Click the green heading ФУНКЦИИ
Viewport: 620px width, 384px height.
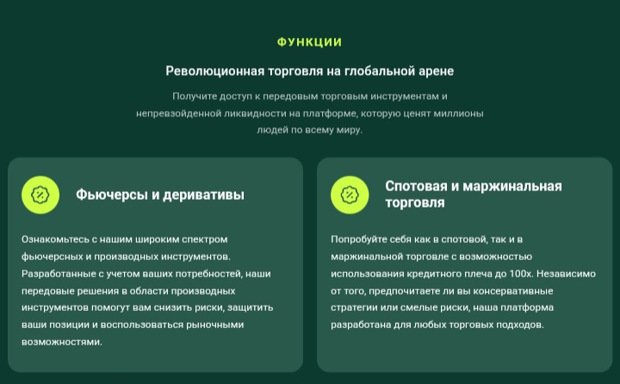tap(309, 42)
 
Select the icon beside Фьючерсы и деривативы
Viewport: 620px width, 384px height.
tap(40, 195)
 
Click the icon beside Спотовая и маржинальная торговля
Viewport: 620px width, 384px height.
tap(350, 195)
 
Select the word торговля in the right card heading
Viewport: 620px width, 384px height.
tap(415, 203)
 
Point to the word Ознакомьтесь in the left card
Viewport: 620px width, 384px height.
tap(54, 239)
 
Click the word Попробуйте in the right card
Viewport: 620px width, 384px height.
tap(357, 239)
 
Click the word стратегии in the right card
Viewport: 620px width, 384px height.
tap(354, 307)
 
